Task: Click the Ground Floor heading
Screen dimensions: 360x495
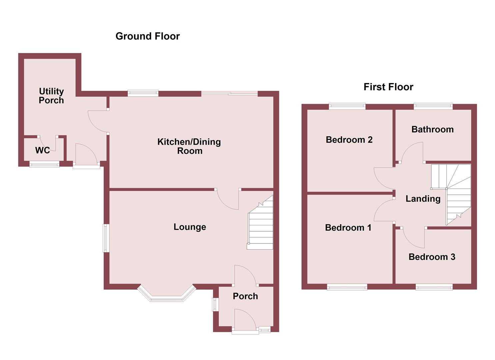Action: coord(147,36)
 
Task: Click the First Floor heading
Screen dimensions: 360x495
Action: coord(388,87)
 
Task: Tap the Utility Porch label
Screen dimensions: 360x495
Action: coord(51,96)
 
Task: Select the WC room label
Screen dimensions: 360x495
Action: coord(42,150)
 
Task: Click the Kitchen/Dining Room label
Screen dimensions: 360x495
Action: coord(189,146)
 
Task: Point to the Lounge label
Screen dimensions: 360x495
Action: coord(190,227)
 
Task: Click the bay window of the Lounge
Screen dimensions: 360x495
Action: coord(166,295)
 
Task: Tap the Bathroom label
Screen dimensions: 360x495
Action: coord(432,129)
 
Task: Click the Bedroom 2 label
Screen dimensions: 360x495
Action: coord(349,140)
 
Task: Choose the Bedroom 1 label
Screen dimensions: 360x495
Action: coord(348,228)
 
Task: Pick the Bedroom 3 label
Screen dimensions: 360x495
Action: coord(432,257)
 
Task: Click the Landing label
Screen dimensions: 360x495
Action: coord(423,199)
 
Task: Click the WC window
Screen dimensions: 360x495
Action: coord(44,164)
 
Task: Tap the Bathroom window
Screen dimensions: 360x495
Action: coord(433,106)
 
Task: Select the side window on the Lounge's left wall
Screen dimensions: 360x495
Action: coord(106,238)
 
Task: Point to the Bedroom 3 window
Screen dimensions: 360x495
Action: coord(434,287)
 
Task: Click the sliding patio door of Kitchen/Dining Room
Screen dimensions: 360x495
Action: coord(229,94)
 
